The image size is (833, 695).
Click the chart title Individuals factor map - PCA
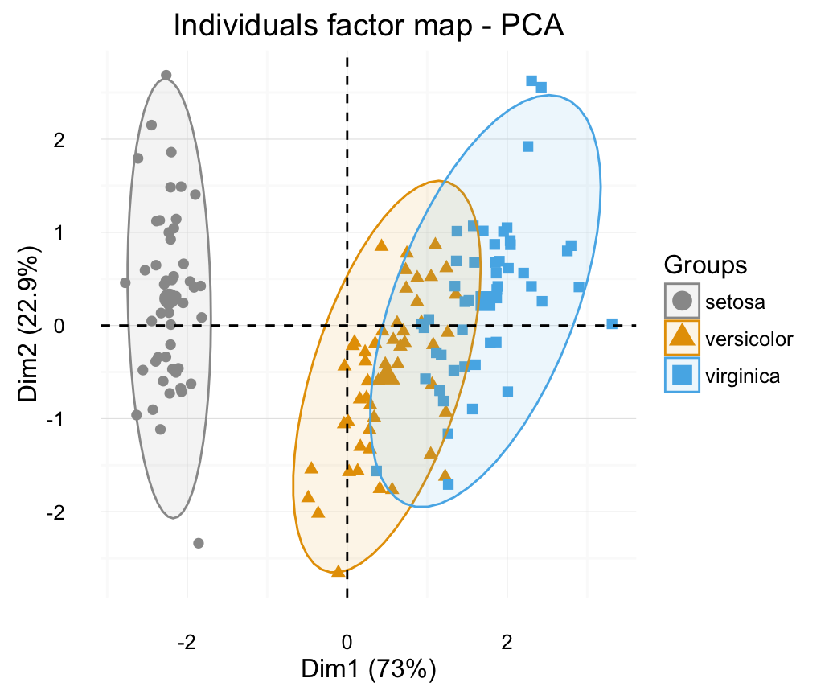pyautogui.click(x=370, y=26)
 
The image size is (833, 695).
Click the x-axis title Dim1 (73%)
pyautogui.click(x=368, y=669)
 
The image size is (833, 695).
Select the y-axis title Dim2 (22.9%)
pyautogui.click(x=30, y=326)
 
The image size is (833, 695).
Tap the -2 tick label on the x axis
pyautogui.click(x=187, y=642)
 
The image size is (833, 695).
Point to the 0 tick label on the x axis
pyautogui.click(x=347, y=642)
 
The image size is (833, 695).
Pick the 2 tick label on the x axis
pyautogui.click(x=507, y=642)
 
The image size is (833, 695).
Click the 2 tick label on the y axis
pyautogui.click(x=81, y=140)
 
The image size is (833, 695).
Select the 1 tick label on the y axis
pyautogui.click(x=81, y=232)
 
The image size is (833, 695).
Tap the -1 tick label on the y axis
pyautogui.click(x=78, y=419)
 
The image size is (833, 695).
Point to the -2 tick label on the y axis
pyautogui.click(x=78, y=512)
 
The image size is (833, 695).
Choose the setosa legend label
pyautogui.click(x=736, y=302)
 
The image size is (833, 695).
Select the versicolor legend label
pyautogui.click(x=749, y=339)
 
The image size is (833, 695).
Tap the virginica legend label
pyautogui.click(x=742, y=376)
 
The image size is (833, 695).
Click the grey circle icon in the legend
pyautogui.click(x=683, y=302)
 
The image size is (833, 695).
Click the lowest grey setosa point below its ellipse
pyautogui.click(x=199, y=544)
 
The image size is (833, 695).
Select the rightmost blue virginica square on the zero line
pyautogui.click(x=612, y=324)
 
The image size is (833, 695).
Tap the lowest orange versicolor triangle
pyautogui.click(x=339, y=571)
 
